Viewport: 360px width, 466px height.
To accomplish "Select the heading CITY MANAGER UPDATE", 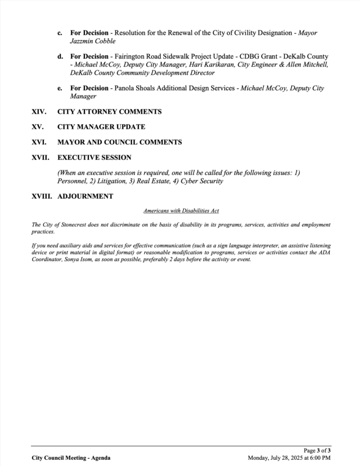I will coord(101,127).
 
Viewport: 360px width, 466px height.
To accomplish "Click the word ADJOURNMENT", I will coord(85,196).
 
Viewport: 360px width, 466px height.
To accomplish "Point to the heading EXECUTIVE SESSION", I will coord(94,158).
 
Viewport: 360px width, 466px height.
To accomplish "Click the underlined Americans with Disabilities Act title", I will coord(181,210).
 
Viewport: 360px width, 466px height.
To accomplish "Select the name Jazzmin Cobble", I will coord(93,41).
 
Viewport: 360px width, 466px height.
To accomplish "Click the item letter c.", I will coord(60,33).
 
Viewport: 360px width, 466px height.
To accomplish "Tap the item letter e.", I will coord(60,89).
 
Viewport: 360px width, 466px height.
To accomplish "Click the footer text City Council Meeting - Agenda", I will coord(71,458).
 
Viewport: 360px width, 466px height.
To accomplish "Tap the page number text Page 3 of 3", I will coord(317,451).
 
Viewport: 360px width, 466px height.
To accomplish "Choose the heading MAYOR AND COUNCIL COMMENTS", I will coord(119,142).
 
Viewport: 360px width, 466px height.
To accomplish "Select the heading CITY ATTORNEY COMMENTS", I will coord(109,112).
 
